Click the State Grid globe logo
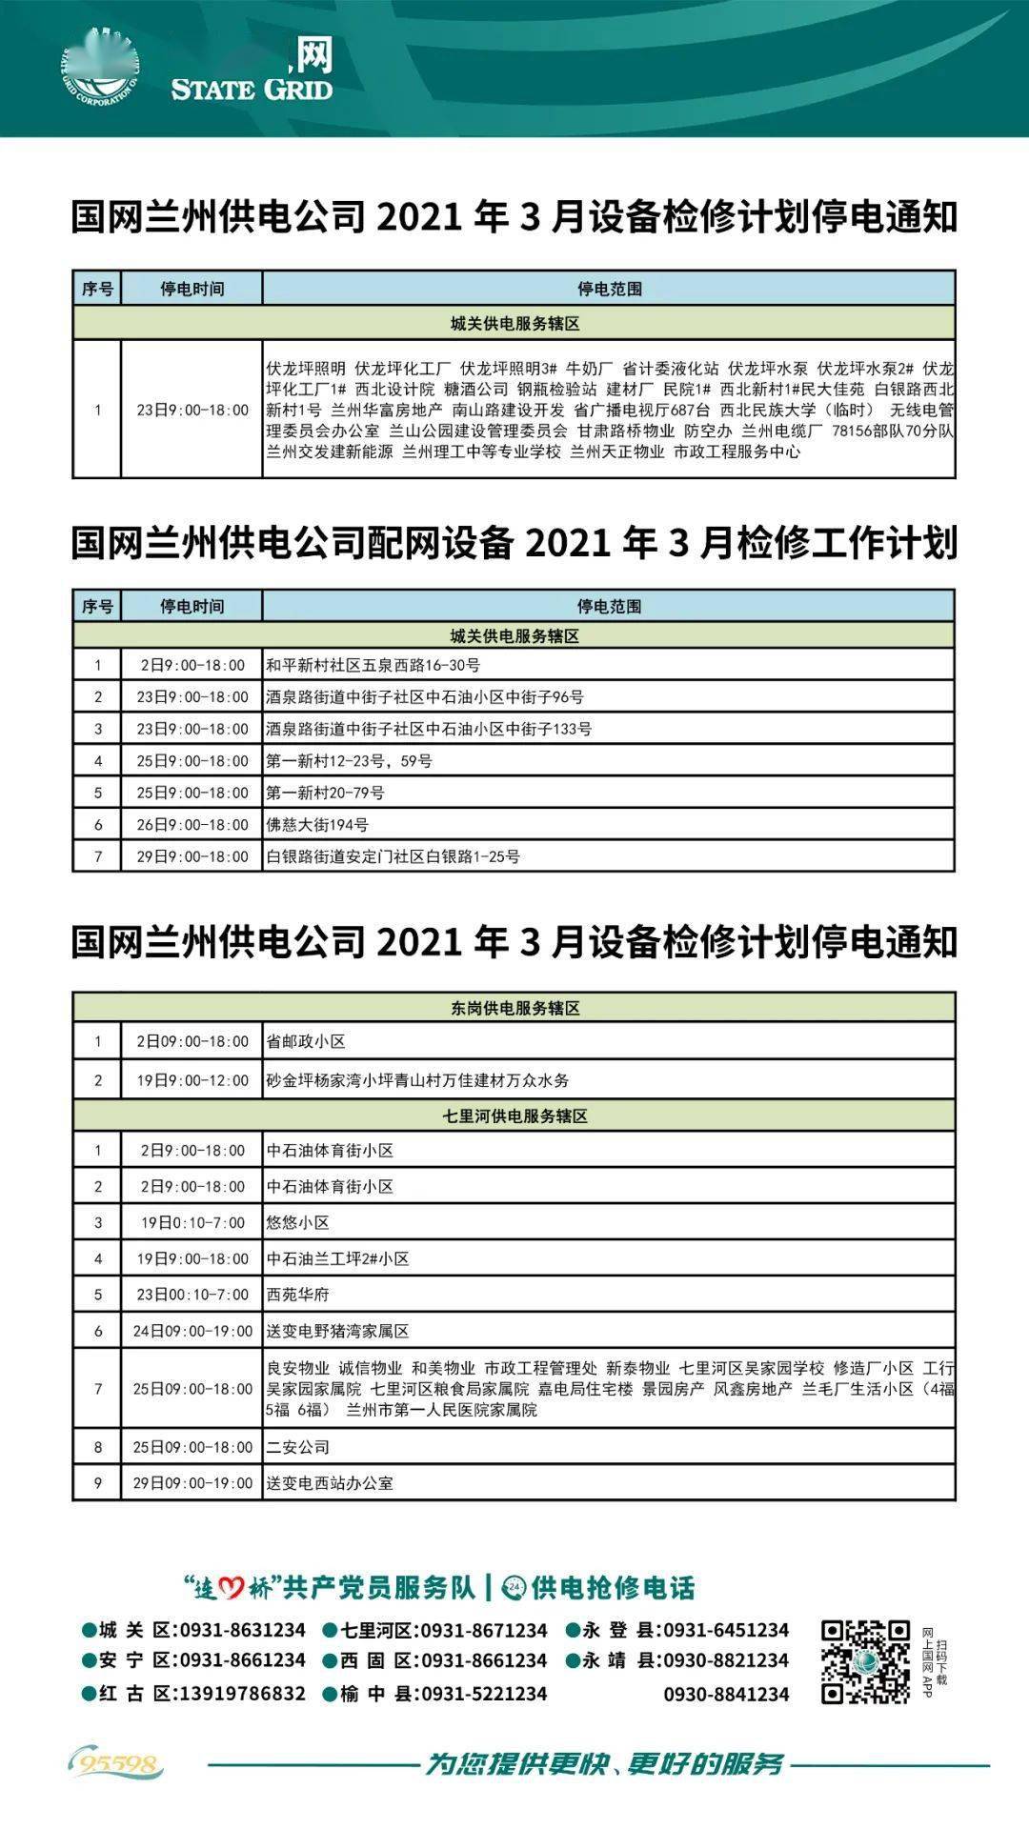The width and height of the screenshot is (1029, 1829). pos(100,66)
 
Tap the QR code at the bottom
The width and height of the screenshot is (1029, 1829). pos(865,1661)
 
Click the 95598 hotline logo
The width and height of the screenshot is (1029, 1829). pos(115,1764)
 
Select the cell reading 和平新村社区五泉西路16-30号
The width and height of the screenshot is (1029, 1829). pos(373,665)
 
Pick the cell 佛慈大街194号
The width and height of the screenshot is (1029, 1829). pos(317,825)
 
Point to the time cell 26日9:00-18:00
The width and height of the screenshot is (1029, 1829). pos(192,825)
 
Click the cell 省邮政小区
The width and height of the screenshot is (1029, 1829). pos(306,1041)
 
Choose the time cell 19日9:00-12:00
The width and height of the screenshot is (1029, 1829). pos(192,1080)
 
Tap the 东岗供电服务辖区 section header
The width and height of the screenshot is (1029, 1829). pos(514,1008)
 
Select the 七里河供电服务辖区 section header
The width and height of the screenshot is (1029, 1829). pos(514,1115)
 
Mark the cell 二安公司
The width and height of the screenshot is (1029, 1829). pos(298,1447)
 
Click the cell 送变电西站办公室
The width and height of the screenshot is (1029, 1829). pos(330,1483)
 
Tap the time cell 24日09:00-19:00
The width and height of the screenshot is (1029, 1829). pos(192,1331)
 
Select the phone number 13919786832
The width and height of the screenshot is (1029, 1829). pos(243,1694)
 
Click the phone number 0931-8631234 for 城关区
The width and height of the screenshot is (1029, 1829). pos(243,1630)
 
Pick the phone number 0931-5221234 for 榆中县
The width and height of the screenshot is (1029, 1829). pos(484,1694)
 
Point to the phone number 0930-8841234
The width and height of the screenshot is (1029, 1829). pos(726,1695)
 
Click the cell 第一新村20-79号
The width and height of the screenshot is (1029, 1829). pos(326,793)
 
